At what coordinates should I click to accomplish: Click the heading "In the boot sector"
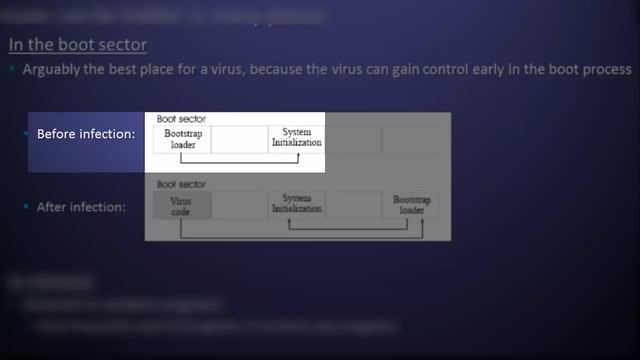(78, 45)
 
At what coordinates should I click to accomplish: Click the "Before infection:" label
(86, 133)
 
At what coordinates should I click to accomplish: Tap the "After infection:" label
(81, 207)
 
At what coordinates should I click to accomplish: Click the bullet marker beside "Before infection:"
(27, 133)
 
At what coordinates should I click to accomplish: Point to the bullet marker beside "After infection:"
(27, 207)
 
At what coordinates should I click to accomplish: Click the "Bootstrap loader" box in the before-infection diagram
(183, 138)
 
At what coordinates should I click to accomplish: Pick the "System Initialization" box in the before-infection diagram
(297, 138)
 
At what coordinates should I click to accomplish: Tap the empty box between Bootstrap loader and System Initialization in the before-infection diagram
(240, 138)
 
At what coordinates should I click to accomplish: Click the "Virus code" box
(182, 205)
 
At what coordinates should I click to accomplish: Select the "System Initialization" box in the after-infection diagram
(297, 205)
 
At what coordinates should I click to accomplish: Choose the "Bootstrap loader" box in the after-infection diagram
(410, 205)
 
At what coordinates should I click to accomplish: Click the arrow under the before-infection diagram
(240, 160)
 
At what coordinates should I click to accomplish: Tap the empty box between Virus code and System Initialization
(240, 205)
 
